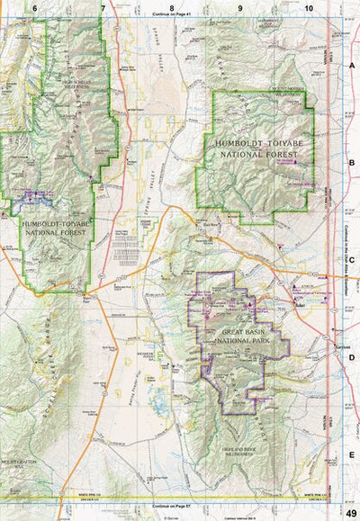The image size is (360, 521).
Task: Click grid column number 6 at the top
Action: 34,7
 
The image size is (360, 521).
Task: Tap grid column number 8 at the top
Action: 170,7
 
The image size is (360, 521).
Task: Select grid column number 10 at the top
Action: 309,7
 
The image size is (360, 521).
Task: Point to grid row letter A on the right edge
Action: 352,66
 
